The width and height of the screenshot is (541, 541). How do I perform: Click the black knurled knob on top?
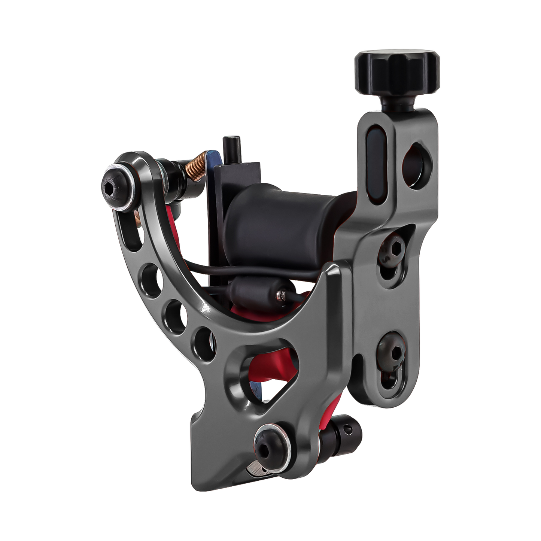pyautogui.click(x=397, y=70)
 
